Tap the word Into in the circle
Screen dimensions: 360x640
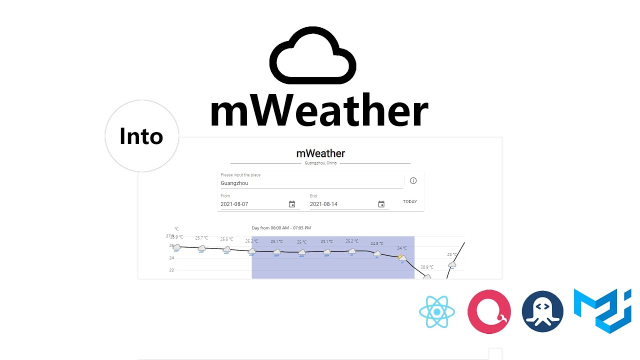coord(141,136)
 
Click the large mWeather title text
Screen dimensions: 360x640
coord(319,111)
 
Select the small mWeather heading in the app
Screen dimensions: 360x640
coord(320,153)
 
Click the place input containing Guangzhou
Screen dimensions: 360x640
coord(310,183)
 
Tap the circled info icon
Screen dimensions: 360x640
coord(413,181)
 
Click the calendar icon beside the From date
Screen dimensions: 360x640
coord(292,204)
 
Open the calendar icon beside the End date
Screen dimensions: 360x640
coord(381,204)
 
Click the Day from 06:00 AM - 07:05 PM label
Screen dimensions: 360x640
coord(281,228)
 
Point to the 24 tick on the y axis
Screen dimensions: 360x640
coord(171,258)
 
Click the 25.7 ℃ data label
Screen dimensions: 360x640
coord(201,238)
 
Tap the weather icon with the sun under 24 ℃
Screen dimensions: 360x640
coord(402,258)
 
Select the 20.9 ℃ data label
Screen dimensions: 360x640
coord(426,267)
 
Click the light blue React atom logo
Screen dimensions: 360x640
coord(436,311)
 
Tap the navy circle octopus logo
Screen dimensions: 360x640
coord(542,311)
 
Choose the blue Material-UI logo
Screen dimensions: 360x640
coord(602,310)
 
